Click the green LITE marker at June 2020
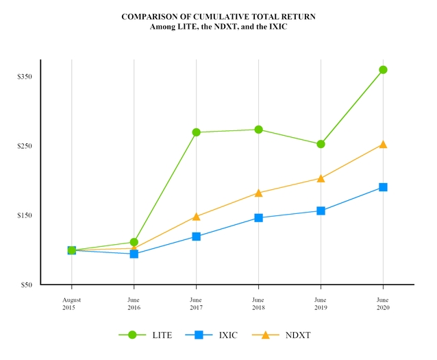[x=383, y=69]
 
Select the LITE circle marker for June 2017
[x=196, y=132]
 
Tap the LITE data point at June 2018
[x=258, y=130]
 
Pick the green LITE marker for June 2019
[x=321, y=144]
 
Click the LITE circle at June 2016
[x=134, y=242]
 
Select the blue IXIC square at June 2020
[x=383, y=187]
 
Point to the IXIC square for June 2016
[x=134, y=254]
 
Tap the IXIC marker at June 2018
[x=258, y=218]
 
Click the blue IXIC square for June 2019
[x=321, y=211]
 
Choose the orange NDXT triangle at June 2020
[x=383, y=144]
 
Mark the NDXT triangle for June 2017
[x=196, y=217]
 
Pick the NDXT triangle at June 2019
[x=321, y=178]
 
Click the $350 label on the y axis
[x=25, y=77]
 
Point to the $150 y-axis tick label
[x=25, y=215]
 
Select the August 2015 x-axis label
[x=72, y=304]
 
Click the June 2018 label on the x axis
[x=258, y=304]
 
